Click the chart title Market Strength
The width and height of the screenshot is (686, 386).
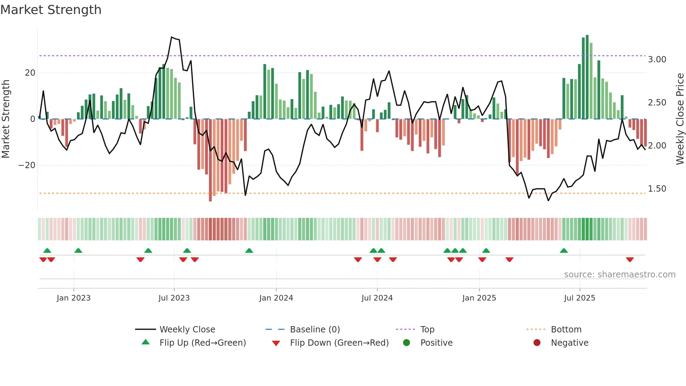(x=51, y=10)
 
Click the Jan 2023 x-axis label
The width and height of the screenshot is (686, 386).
(x=73, y=298)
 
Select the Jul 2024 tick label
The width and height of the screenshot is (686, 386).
(x=377, y=298)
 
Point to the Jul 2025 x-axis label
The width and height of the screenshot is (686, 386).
(x=580, y=298)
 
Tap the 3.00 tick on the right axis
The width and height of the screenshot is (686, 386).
(x=657, y=60)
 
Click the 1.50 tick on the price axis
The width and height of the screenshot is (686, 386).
(x=657, y=189)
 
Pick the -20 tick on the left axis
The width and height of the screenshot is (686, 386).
(x=27, y=165)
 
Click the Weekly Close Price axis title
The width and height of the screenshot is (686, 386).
(x=680, y=119)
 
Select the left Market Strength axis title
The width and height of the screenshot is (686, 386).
(x=6, y=119)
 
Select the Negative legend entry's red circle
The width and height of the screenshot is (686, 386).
(x=537, y=343)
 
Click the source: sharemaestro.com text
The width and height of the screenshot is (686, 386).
(x=619, y=275)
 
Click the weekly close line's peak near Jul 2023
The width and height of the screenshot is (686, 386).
(x=171, y=37)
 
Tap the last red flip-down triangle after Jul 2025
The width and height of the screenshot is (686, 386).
(x=630, y=260)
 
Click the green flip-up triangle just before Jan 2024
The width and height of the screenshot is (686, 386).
(x=249, y=251)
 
